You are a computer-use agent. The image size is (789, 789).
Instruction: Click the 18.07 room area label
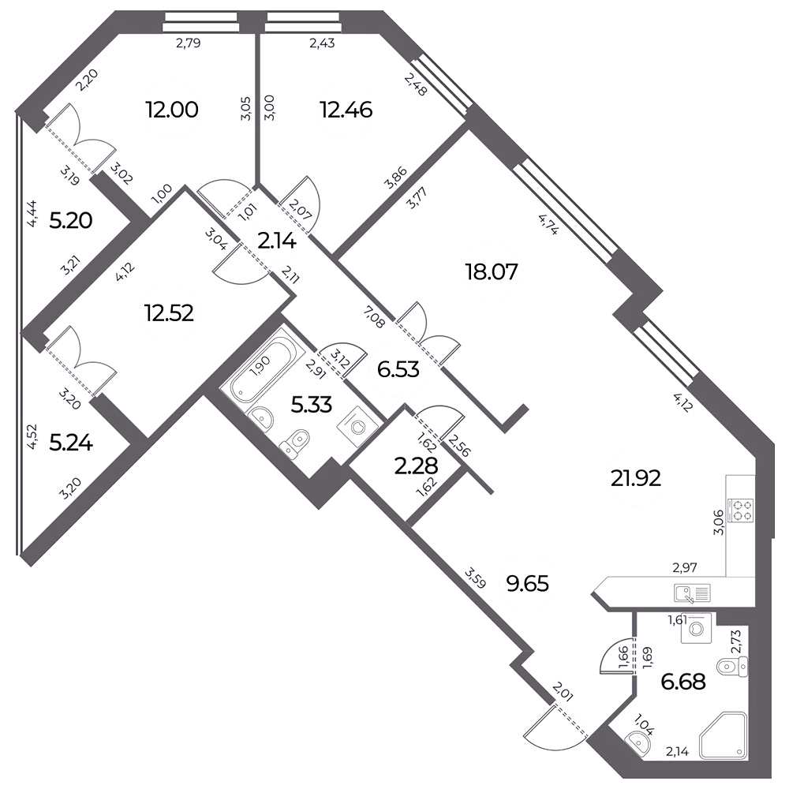492,272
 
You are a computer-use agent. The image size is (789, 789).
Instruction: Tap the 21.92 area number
635,479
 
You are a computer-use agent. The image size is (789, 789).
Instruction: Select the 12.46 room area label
346,110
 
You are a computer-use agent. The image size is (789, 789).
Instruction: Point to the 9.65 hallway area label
527,585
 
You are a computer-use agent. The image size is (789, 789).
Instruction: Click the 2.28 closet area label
416,466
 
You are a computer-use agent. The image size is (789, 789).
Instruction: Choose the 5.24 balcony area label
71,443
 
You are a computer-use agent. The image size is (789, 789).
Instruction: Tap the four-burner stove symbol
740,510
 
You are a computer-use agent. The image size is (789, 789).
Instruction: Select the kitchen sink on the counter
692,593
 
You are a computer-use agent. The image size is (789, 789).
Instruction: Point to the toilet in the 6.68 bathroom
731,667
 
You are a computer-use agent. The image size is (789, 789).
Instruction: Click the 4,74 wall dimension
548,224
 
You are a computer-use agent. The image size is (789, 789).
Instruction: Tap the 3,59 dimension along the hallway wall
476,578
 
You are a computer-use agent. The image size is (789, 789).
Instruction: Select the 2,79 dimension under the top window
189,43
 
